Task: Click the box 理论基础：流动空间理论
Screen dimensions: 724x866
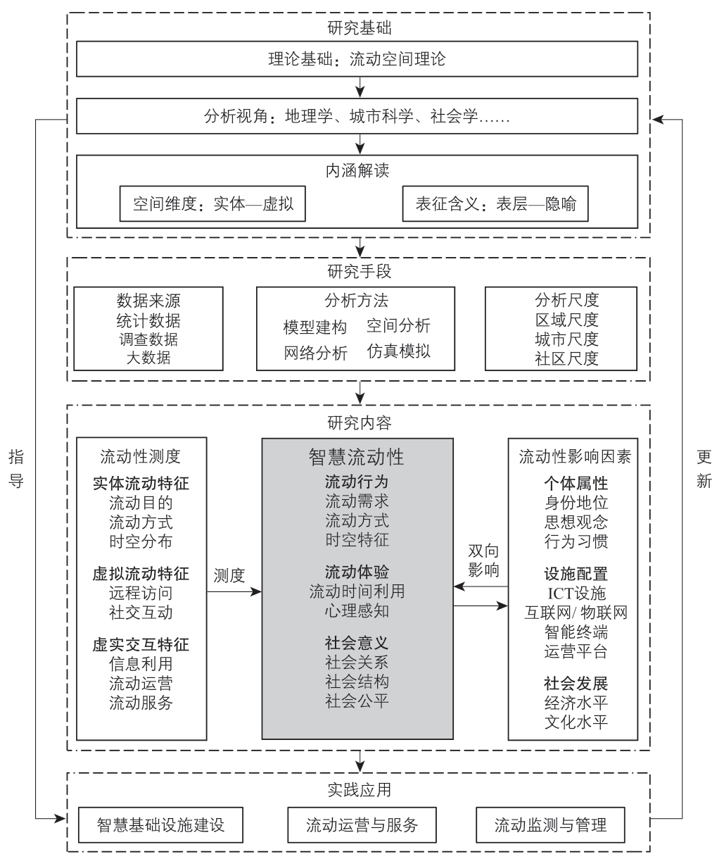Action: tap(357, 59)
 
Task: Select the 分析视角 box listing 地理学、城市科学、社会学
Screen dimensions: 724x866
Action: tap(357, 116)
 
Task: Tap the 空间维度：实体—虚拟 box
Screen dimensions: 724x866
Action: tap(212, 203)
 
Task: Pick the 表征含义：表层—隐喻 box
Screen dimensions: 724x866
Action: tap(495, 203)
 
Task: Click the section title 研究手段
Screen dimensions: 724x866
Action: tap(360, 271)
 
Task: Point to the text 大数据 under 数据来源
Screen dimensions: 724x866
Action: tap(148, 357)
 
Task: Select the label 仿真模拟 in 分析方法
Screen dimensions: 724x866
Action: tap(398, 351)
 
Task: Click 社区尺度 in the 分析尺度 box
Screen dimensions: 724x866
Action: tap(566, 358)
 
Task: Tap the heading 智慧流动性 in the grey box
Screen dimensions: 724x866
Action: tap(357, 457)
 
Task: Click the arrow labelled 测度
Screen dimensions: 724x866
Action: tap(234, 592)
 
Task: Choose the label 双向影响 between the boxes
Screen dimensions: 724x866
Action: tap(483, 560)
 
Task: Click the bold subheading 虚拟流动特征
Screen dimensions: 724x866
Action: tap(141, 574)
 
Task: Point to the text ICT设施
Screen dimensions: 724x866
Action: tap(576, 594)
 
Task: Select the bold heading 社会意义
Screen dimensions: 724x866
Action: tap(357, 644)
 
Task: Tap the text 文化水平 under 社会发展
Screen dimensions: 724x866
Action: tap(576, 722)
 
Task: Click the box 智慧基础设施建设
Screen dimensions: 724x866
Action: tap(161, 825)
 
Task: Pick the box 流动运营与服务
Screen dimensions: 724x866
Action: tap(362, 825)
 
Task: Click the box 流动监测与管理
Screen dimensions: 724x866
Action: tap(550, 825)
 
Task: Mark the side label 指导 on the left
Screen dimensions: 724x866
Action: tap(16, 469)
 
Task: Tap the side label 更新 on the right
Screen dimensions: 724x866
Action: tap(704, 469)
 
